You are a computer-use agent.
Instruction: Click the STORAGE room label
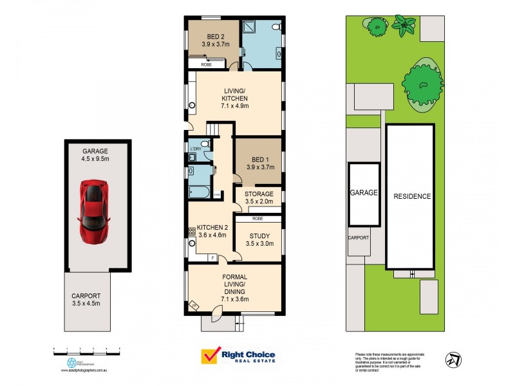point(259,194)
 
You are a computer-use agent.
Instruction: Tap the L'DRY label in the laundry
point(195,149)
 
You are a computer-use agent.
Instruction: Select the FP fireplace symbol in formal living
point(194,306)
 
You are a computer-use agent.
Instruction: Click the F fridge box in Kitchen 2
point(212,257)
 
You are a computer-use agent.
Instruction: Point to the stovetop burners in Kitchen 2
point(191,231)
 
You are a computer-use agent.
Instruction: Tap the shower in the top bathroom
point(252,28)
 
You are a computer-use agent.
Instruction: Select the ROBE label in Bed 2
point(207,65)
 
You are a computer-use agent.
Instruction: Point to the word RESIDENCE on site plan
point(412,196)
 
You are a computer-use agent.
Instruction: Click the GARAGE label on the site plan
point(363,192)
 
